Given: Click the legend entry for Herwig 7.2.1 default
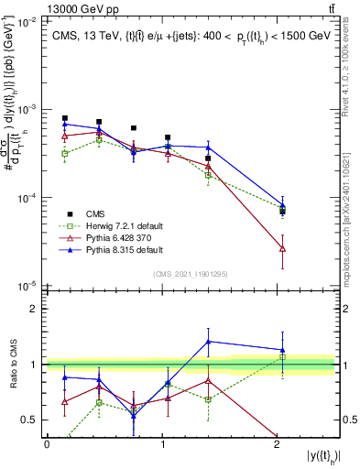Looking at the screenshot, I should click(x=106, y=224).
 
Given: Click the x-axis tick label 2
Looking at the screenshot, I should click(x=278, y=444).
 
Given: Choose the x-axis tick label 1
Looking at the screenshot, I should click(x=162, y=444).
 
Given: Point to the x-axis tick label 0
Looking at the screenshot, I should click(x=47, y=444).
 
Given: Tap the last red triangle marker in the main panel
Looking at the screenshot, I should click(x=282, y=248).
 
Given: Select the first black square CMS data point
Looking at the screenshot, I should click(x=64, y=118).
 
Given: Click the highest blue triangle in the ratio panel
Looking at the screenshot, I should click(x=209, y=342).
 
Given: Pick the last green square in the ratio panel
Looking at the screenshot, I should click(x=282, y=357).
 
